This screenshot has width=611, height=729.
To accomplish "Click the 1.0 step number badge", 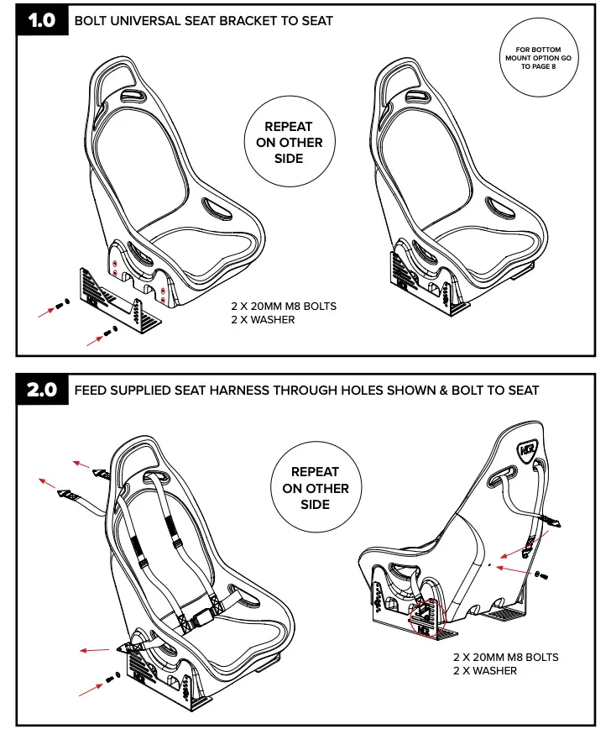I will (41, 20).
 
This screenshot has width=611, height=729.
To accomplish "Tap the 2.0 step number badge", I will (41, 390).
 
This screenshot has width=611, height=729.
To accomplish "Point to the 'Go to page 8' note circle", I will (538, 58).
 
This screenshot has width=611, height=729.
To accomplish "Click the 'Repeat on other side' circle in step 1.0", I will (289, 142).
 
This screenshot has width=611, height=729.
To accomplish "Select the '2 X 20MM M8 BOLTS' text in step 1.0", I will (284, 307).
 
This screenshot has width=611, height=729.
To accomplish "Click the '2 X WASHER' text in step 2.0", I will (485, 670).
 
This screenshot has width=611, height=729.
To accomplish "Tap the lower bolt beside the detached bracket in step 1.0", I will (108, 334).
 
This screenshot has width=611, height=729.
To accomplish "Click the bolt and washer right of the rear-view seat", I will (540, 575).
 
